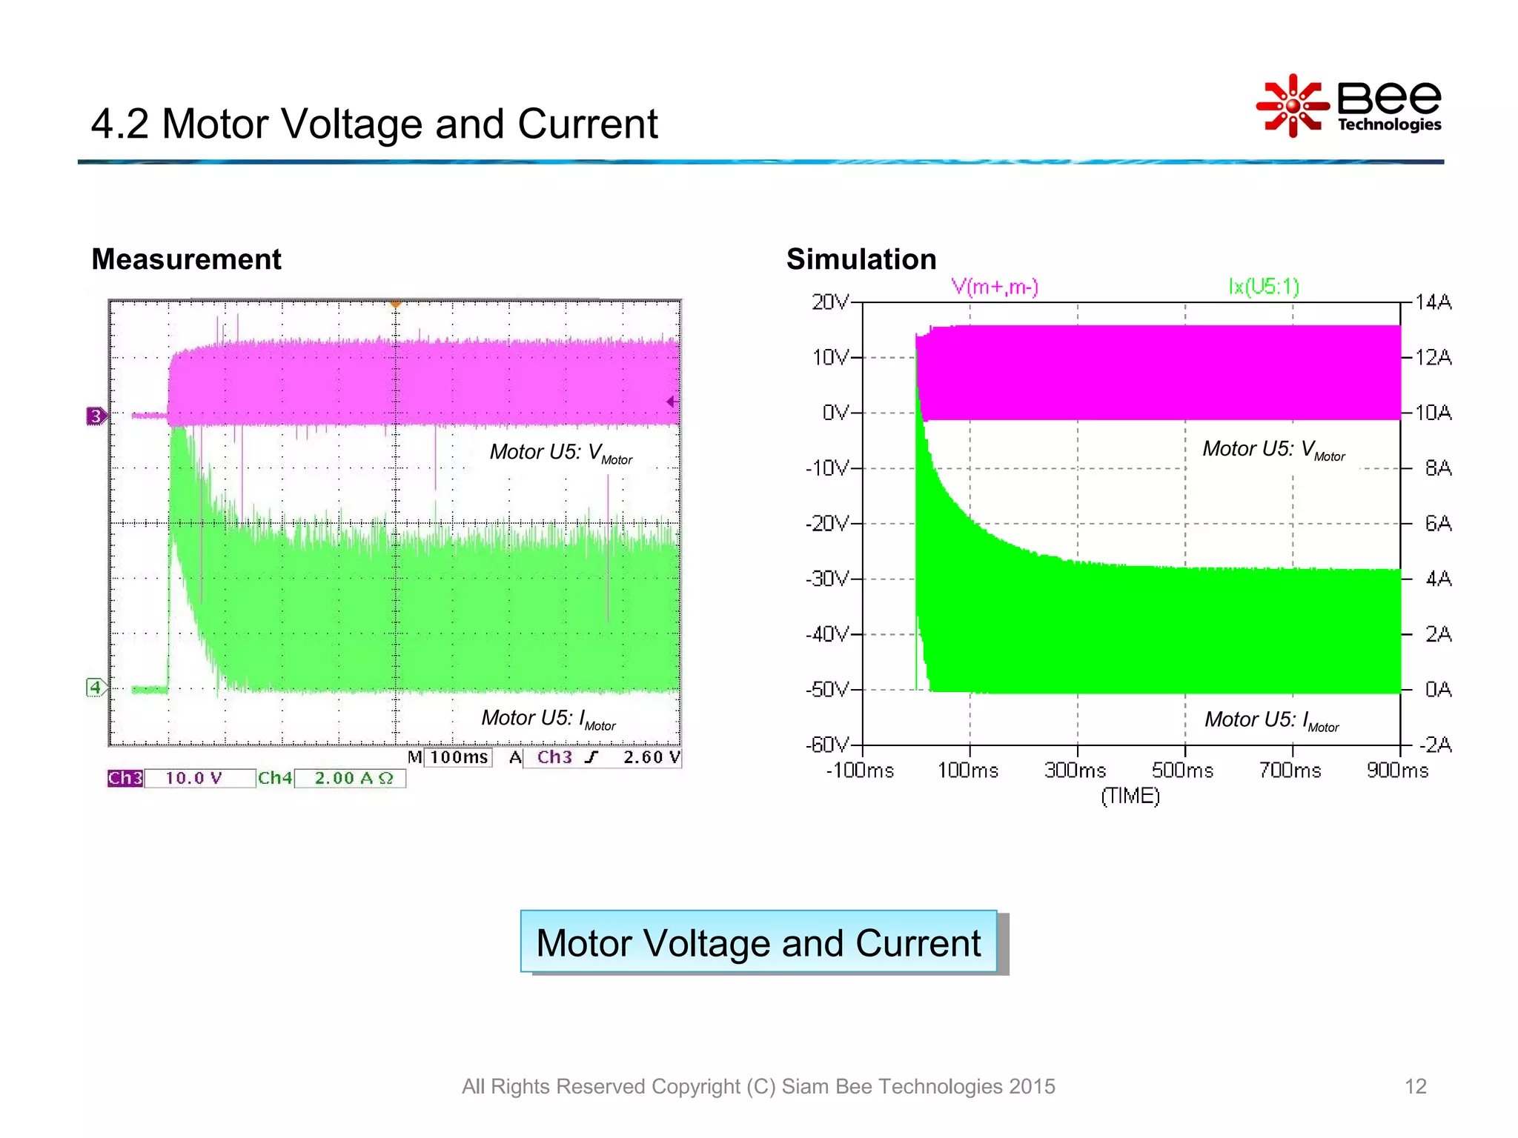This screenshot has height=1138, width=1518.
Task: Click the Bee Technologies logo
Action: click(1349, 106)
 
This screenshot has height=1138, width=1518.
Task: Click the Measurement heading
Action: click(186, 259)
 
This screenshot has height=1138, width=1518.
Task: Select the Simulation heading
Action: click(861, 259)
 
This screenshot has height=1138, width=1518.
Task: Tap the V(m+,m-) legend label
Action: click(995, 287)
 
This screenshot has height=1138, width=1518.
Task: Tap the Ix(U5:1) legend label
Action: click(1264, 287)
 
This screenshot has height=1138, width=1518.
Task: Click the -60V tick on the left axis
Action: click(827, 745)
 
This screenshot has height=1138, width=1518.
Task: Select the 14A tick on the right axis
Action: click(1433, 302)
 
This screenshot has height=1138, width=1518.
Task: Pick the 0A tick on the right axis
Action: click(1438, 690)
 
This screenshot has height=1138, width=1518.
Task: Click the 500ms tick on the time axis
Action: click(1183, 771)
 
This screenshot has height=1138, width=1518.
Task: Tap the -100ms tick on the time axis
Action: click(860, 771)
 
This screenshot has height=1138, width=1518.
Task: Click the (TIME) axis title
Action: click(1130, 796)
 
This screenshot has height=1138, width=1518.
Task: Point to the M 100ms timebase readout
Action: click(449, 757)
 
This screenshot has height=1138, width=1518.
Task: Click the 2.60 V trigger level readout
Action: click(651, 757)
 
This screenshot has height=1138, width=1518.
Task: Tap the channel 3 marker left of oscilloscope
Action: click(96, 416)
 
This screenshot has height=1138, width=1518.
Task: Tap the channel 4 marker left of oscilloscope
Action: click(95, 688)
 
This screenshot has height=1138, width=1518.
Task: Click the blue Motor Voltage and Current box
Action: click(758, 942)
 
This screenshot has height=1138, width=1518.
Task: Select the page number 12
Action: click(1415, 1086)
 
